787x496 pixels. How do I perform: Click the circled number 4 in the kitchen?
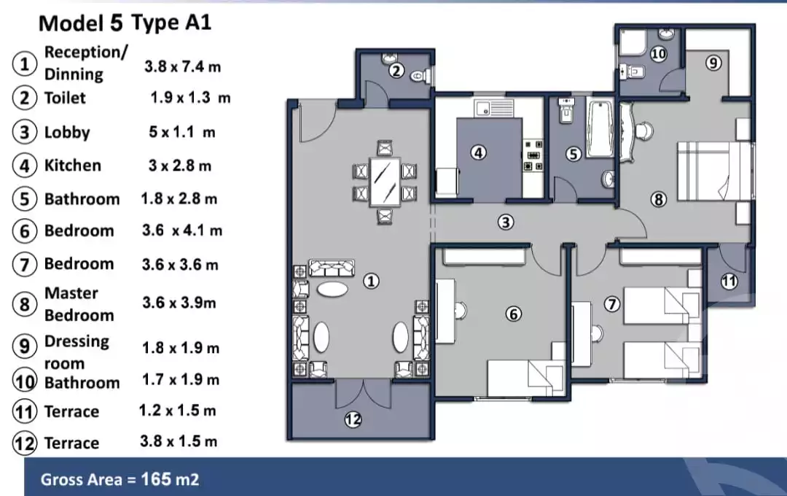coord(478,153)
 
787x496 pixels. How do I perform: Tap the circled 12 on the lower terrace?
coord(353,419)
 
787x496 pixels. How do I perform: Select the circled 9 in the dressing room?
coord(714,63)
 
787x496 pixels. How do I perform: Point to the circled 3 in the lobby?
coord(506,222)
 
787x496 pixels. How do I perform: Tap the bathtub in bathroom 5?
coord(600,129)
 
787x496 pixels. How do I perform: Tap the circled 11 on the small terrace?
coord(729,281)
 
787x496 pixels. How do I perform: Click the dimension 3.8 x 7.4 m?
coord(182,66)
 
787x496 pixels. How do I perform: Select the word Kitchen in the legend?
coord(73,166)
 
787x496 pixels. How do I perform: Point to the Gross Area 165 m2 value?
coord(120,479)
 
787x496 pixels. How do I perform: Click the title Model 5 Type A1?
coord(125,23)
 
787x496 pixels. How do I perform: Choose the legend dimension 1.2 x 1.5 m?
coord(178,411)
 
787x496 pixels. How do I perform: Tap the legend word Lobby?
coord(67,132)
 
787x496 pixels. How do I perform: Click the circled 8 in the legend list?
coord(25,303)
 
